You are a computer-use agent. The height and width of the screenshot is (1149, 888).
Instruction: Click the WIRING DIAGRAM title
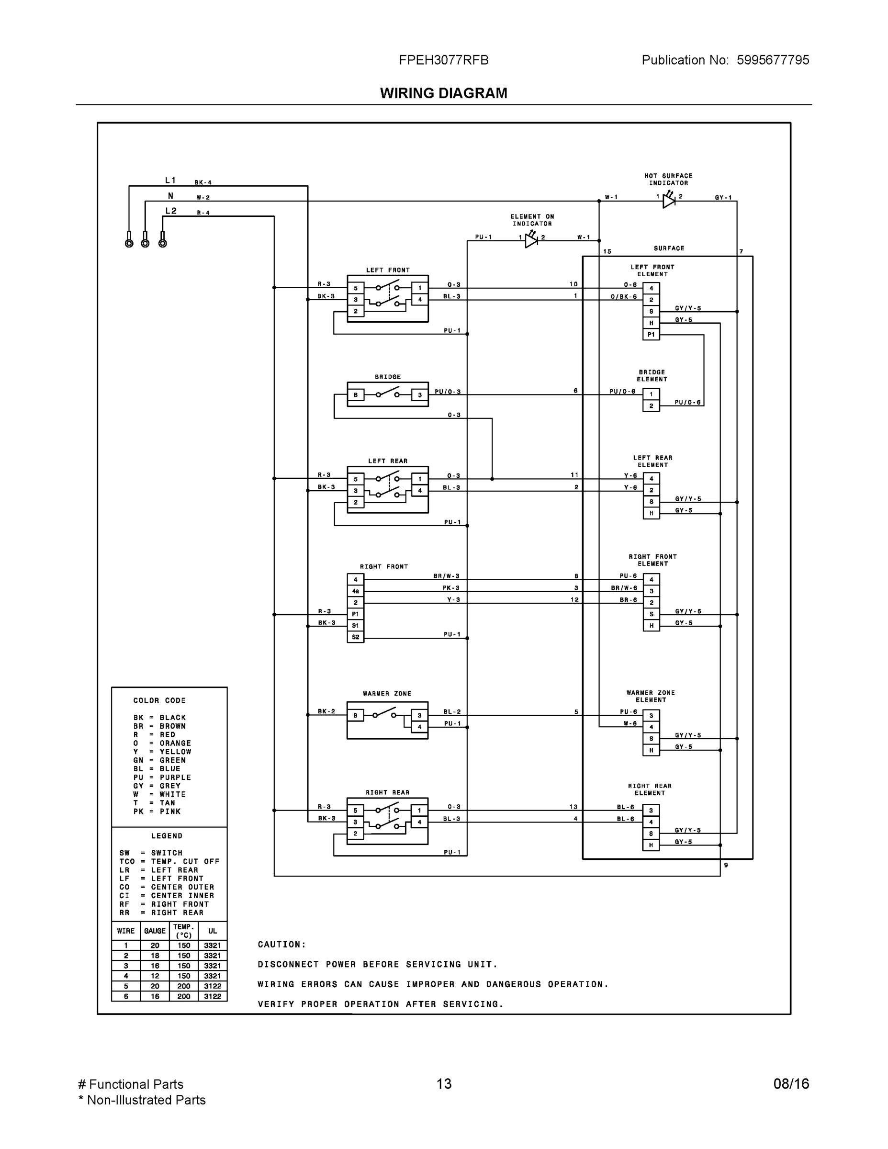(x=443, y=93)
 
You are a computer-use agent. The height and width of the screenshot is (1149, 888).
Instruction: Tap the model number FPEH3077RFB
(x=443, y=60)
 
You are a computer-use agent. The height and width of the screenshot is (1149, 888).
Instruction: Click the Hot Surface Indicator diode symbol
(x=669, y=200)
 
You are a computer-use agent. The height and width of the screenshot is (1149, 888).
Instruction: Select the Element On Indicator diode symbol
(x=531, y=240)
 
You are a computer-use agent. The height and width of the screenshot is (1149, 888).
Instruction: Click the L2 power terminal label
(x=171, y=211)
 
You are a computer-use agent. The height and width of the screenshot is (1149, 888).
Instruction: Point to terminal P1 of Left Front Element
(x=651, y=335)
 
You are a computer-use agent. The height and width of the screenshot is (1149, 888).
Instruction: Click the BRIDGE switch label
(x=388, y=377)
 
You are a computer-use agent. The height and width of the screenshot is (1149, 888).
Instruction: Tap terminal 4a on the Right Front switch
(x=356, y=591)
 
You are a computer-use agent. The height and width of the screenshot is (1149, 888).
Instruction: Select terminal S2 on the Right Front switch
(x=356, y=637)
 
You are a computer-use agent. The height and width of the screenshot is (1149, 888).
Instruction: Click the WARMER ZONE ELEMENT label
(x=651, y=696)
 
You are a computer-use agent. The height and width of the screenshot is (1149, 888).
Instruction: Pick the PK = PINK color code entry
(x=157, y=811)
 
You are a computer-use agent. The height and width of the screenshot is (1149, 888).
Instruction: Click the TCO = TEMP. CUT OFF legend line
(x=169, y=861)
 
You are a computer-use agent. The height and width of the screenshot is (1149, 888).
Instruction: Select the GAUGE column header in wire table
(x=155, y=931)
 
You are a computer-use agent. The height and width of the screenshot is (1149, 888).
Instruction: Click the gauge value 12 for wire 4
(x=155, y=976)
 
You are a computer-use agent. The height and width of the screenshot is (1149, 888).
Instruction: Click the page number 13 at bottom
(x=443, y=1084)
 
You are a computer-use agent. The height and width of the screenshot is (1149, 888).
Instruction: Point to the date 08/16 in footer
(x=791, y=1084)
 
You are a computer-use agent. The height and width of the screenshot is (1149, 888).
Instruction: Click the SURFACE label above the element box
(x=669, y=248)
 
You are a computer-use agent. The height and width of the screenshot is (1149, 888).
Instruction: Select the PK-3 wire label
(x=450, y=587)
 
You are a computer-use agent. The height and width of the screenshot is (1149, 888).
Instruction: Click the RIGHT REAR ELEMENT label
(x=650, y=789)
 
